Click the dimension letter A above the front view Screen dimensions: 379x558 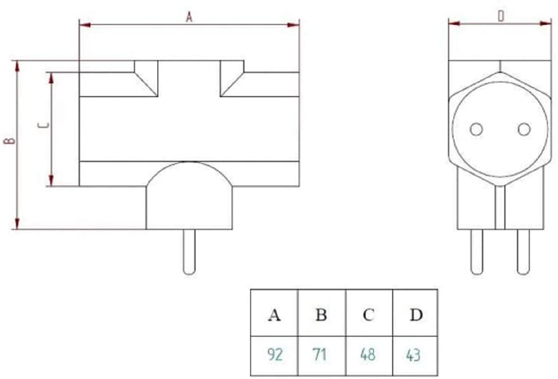[189, 17]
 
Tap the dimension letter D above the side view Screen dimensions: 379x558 [500, 17]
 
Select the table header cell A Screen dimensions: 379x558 [274, 315]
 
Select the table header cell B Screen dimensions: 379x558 [321, 315]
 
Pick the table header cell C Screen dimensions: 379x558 [369, 315]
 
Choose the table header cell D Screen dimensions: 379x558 [416, 315]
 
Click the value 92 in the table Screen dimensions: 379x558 [275, 354]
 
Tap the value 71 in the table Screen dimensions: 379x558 [320, 354]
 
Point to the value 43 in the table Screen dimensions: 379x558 [413, 354]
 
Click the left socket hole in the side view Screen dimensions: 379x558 [476, 130]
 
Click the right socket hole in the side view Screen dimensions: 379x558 [524, 130]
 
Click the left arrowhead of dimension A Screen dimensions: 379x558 [85, 25]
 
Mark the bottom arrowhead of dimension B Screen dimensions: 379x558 [17, 224]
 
